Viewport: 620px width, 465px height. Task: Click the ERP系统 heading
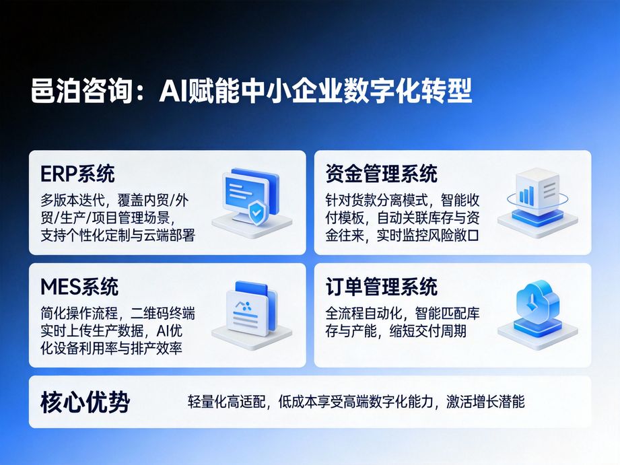[x=77, y=174]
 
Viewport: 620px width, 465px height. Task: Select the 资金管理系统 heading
[x=381, y=174]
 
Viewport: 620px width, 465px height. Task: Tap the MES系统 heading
[x=79, y=287]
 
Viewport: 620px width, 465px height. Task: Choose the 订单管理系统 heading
[x=381, y=287]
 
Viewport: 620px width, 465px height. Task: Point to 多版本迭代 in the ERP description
[x=69, y=200]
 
